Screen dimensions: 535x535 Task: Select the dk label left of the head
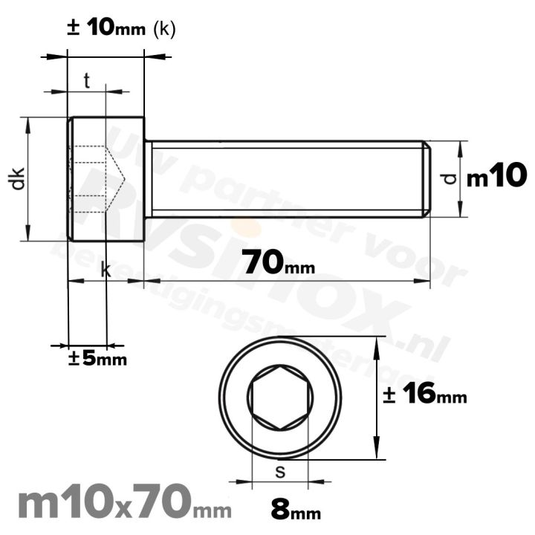click(18, 179)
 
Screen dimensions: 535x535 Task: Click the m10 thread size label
click(496, 178)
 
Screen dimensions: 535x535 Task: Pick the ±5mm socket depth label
click(97, 359)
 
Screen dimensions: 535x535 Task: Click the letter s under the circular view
click(279, 471)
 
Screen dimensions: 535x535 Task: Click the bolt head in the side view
click(106, 179)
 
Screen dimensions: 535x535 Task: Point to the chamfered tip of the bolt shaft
click(427, 179)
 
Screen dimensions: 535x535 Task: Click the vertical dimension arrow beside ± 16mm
click(380, 398)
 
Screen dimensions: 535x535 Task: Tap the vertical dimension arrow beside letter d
click(461, 179)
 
